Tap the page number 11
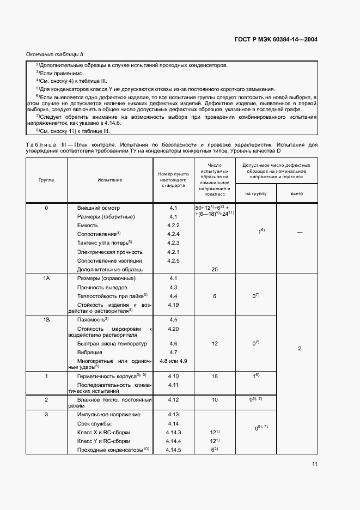[x=314, y=464]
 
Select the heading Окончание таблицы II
[x=54, y=54]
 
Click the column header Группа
[x=46, y=179]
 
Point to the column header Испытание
[x=110, y=179]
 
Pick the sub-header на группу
[x=255, y=193]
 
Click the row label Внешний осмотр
[x=99, y=208]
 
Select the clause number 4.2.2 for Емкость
[x=173, y=226]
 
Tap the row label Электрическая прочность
[x=110, y=252]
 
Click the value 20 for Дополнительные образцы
[x=214, y=269]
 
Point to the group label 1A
[x=46, y=278]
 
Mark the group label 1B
[x=46, y=320]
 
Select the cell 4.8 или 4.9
[x=173, y=361]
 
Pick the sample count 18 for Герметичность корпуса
[x=214, y=377]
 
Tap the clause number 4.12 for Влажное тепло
[x=173, y=400]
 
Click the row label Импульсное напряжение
[x=109, y=415]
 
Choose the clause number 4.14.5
[x=173, y=450]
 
